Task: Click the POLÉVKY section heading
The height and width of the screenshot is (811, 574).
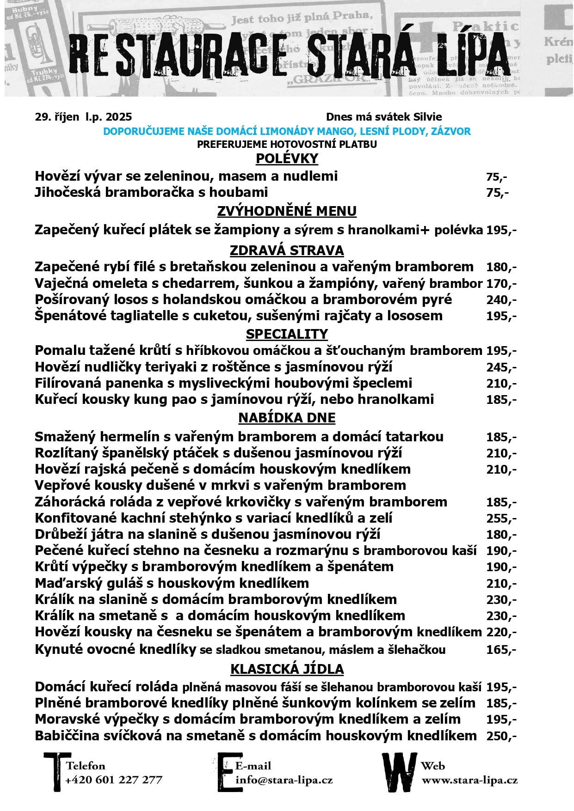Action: pos(287,159)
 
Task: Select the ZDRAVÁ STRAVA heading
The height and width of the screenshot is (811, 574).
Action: pos(287,250)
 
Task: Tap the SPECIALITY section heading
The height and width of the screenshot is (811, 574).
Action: pos(287,334)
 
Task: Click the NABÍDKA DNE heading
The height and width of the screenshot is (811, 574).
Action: pos(287,418)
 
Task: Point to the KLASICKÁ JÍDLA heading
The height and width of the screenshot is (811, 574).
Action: pos(287,669)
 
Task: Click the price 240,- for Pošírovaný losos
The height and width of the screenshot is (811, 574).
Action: pos(501,300)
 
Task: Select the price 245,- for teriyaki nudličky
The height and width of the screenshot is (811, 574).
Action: pos(501,367)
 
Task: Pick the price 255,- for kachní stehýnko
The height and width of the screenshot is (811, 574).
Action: pos(501,518)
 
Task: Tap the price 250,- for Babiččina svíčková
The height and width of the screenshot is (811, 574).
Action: pos(501,736)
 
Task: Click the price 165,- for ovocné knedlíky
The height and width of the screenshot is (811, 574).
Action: pos(501,650)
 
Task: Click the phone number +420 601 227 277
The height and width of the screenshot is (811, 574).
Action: pos(114,780)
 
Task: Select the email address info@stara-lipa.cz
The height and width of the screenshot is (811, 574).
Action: pos(284,780)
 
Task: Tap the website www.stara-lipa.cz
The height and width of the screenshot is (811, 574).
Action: pos(469,780)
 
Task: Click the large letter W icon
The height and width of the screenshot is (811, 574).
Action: pos(399,772)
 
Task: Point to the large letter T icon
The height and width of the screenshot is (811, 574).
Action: pos(54,772)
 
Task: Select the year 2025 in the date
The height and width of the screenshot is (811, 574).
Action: pos(119,117)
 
